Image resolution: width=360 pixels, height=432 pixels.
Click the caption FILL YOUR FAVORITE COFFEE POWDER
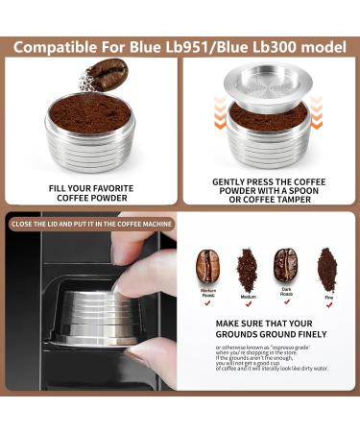(90, 193)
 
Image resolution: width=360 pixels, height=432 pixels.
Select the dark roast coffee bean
(286, 264)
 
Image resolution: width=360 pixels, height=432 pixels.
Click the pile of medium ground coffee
(248, 265)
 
